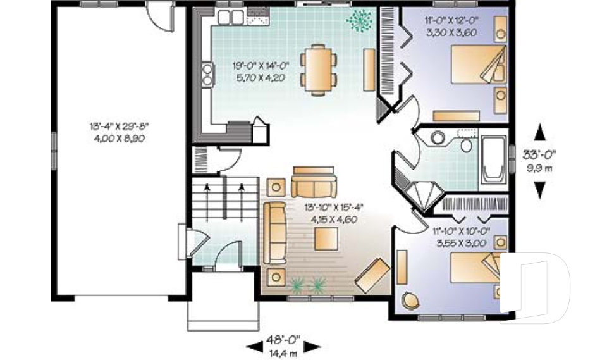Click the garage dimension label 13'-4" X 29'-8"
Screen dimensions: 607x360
(120, 126)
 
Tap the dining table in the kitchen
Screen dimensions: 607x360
(318, 70)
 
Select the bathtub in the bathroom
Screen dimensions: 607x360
(494, 159)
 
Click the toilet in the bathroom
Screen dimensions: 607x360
(466, 142)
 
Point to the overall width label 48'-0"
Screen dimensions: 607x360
(283, 340)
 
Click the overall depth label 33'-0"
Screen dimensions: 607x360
(539, 154)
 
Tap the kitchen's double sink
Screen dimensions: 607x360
(231, 17)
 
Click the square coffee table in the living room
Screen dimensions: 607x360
(326, 239)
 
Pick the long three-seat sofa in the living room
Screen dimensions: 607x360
(274, 233)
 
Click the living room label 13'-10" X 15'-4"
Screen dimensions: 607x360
(334, 208)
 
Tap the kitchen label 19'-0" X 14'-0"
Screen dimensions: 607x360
(261, 66)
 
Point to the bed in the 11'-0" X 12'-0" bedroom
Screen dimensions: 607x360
(479, 65)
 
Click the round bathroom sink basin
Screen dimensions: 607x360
(438, 138)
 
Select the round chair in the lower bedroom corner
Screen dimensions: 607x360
(410, 301)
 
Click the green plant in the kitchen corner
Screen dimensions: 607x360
(359, 20)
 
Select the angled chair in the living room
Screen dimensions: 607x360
(372, 275)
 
